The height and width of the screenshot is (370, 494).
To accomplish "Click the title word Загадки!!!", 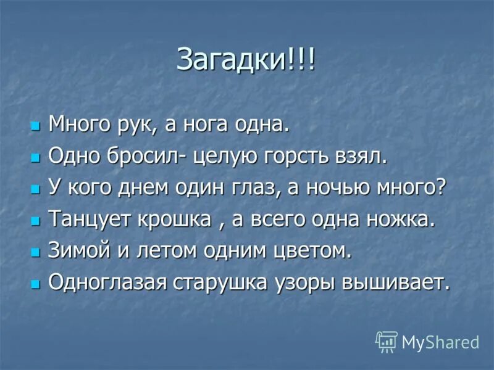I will pyautogui.click(x=246, y=60).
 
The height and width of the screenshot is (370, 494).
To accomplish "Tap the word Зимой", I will pyautogui.click(x=77, y=251).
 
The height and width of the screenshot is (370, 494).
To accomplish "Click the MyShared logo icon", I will pyautogui.click(x=387, y=341).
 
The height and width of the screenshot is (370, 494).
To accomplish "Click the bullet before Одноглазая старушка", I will pyautogui.click(x=35, y=284).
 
